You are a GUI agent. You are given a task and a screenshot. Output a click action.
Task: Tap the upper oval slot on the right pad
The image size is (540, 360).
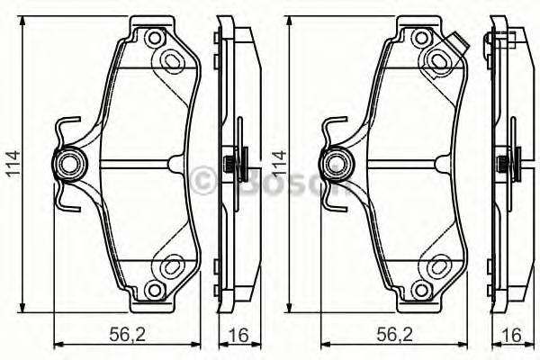(x=441, y=59)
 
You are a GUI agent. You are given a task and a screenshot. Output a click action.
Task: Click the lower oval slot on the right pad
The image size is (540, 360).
(x=441, y=267)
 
